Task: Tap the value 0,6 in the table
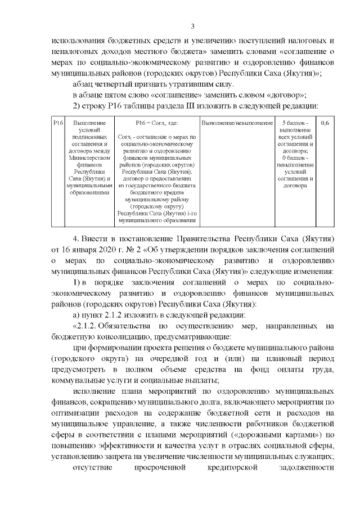click(325, 122)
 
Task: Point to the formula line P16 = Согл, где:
click(157, 122)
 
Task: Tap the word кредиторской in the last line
click(231, 467)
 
